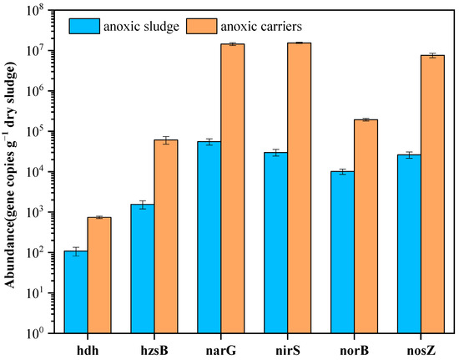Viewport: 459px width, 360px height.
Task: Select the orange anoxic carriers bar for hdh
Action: point(99,276)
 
